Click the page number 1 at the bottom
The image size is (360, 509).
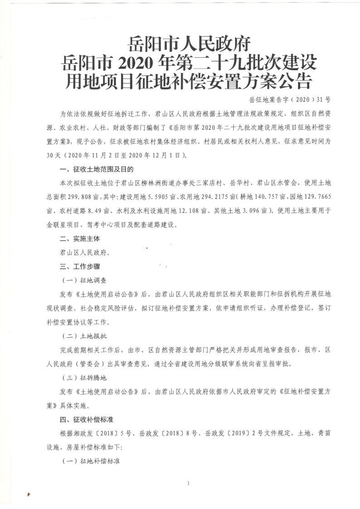[188, 484]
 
